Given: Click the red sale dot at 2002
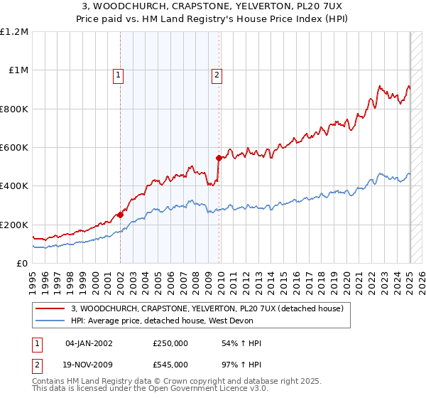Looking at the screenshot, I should coord(121,215).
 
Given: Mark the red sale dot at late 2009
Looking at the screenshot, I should coord(219,158).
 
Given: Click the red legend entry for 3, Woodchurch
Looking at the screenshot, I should coord(207,308).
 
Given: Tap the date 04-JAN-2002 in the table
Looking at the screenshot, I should coord(89,343).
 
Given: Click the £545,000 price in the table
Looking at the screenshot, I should coord(170,364).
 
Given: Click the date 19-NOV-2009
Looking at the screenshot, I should coord(89,364).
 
